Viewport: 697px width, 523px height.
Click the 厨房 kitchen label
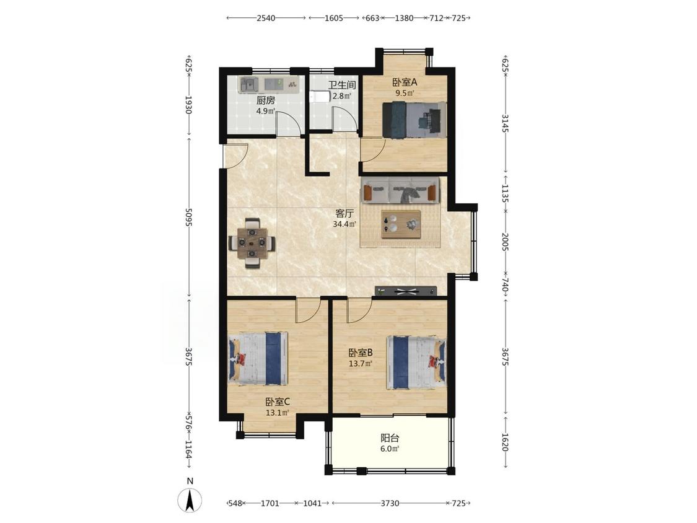(x=266, y=100)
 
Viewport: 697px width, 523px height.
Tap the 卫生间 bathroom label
(x=342, y=85)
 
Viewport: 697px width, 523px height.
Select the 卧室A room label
(x=405, y=82)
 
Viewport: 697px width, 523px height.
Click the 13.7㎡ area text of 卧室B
(x=360, y=363)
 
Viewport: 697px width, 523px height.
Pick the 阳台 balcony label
(x=390, y=438)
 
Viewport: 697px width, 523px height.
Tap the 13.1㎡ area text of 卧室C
(x=278, y=413)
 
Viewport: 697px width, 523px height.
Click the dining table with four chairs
(x=252, y=243)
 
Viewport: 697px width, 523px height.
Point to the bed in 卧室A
(x=414, y=120)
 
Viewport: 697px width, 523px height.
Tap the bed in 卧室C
(x=258, y=358)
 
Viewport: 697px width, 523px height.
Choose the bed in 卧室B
(x=416, y=363)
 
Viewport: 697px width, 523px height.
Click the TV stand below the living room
(x=406, y=291)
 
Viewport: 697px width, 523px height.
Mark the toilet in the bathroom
(x=320, y=97)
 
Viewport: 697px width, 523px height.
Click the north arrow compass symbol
(x=190, y=499)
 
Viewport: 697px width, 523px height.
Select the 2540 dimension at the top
(x=266, y=18)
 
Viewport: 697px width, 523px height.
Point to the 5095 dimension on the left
(x=188, y=217)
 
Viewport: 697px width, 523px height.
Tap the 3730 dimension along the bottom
(x=390, y=503)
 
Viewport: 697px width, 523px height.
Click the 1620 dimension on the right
(x=506, y=442)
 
